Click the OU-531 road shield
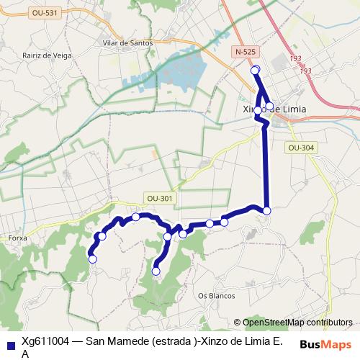tap(45, 13)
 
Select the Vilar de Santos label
tap(127, 43)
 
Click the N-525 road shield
tap(246, 52)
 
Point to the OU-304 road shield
tap(301, 148)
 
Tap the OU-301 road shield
tap(160, 199)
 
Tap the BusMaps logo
tap(325, 344)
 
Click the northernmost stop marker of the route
tap(254, 70)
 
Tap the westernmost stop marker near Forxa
tap(92, 259)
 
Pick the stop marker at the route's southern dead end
tap(156, 271)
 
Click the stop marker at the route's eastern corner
tap(267, 210)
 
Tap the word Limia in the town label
tap(291, 109)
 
